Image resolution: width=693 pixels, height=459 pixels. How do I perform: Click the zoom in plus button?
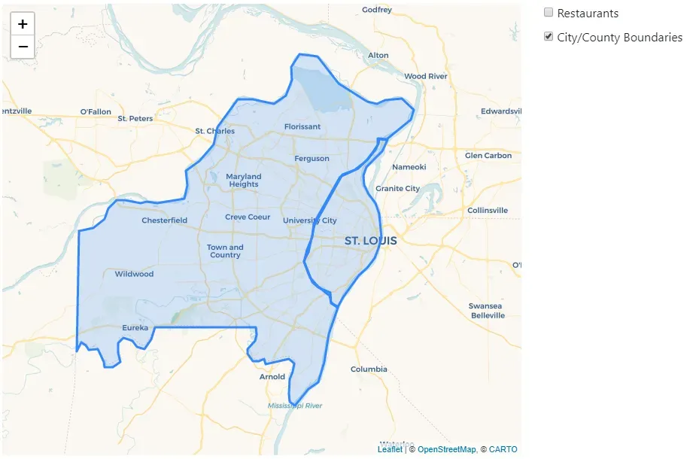(x=23, y=24)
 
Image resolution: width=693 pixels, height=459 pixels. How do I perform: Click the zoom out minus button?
(x=23, y=47)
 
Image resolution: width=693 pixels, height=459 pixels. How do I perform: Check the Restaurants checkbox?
(x=549, y=13)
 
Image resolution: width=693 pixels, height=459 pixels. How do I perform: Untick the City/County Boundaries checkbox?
(x=549, y=36)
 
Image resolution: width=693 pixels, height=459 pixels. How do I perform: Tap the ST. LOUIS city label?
(x=370, y=242)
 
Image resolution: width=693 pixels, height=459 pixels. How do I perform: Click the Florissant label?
(x=302, y=126)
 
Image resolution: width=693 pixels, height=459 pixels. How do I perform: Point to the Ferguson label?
(x=312, y=159)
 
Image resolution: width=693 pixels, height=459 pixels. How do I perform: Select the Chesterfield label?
(x=164, y=220)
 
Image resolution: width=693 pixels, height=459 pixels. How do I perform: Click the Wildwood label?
(x=134, y=274)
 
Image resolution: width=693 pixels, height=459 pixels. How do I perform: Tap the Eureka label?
(x=135, y=327)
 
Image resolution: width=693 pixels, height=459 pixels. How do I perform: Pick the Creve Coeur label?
(x=248, y=217)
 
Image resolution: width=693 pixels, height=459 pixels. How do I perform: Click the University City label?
(x=309, y=220)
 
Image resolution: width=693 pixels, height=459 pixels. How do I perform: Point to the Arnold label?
(x=272, y=377)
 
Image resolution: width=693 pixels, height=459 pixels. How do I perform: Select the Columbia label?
(x=369, y=369)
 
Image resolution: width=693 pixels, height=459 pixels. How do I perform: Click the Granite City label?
(x=397, y=189)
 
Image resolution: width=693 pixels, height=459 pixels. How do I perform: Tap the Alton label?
(x=378, y=55)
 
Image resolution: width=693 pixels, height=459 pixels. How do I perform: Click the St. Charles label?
(x=214, y=131)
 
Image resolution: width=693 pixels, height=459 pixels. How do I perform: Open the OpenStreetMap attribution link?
(x=446, y=449)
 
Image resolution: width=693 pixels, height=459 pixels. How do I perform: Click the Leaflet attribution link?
(x=389, y=449)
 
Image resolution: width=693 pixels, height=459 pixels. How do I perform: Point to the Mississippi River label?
(x=295, y=406)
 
